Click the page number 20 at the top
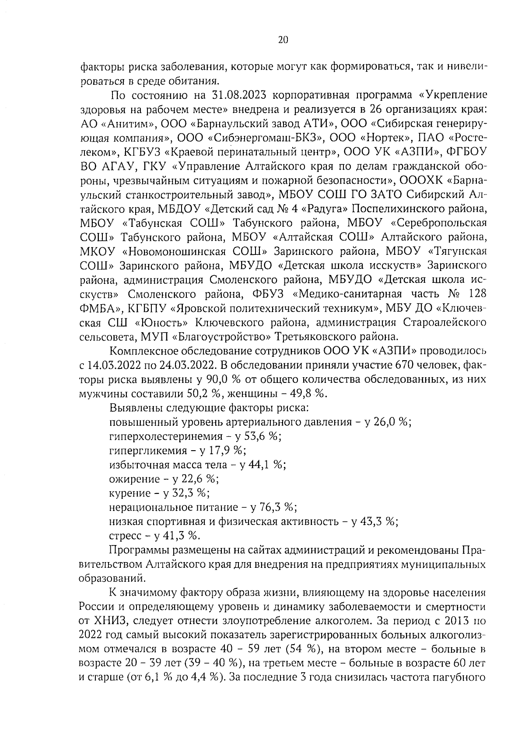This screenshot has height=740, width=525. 283,40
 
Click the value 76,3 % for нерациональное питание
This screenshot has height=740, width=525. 278,507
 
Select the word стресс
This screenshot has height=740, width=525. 125,535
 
